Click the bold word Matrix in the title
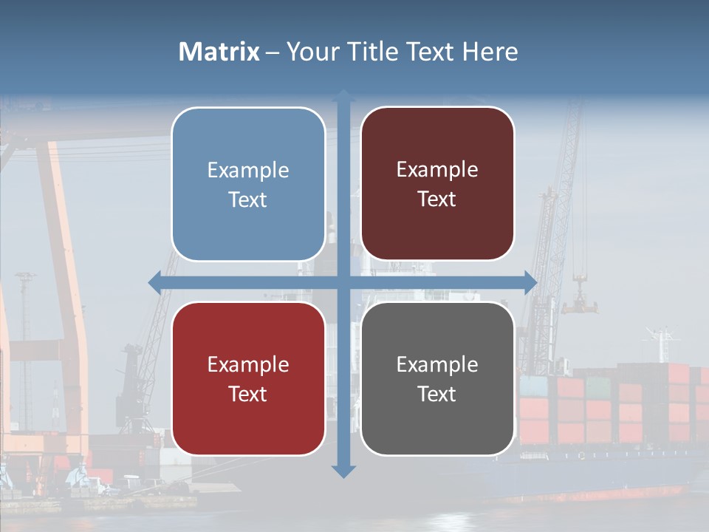click(219, 52)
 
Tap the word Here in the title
click(490, 52)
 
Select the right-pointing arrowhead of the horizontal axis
click(530, 282)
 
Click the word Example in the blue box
click(248, 171)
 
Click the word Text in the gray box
click(437, 395)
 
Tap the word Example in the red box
click(248, 365)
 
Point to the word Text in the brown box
click(437, 199)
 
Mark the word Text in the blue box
click(248, 200)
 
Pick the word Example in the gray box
click(437, 365)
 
